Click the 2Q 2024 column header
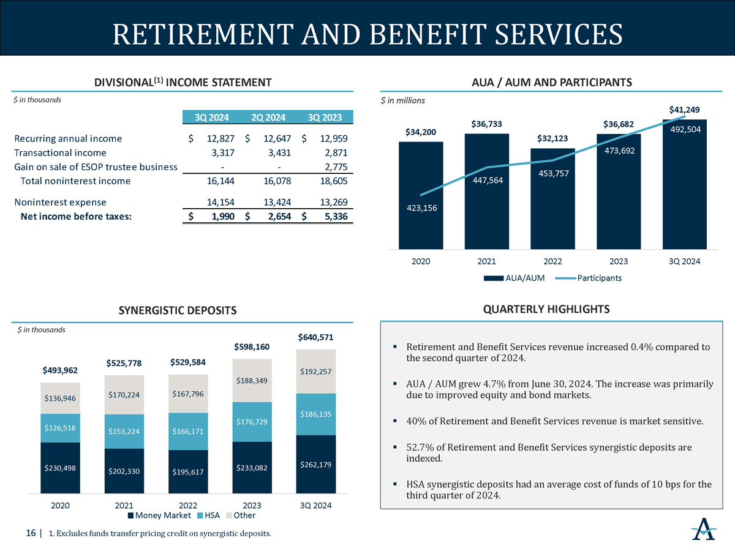pos(268,118)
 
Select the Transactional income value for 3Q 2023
pos(336,153)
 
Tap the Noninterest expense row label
pos(60,202)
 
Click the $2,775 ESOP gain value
pos(336,167)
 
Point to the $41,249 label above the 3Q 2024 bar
pos(684,110)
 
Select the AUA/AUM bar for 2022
pos(552,199)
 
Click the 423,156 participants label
pos(421,208)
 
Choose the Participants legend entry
pos(589,278)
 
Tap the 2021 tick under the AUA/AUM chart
pos(486,261)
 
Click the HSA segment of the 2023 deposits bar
pos(252,422)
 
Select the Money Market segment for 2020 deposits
pos(60,468)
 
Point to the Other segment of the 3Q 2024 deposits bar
pos(316,372)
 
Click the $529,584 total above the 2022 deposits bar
pos(188,362)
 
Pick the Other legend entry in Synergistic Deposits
pos(241,515)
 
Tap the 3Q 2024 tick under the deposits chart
pos(316,506)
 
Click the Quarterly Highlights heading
pos(546,309)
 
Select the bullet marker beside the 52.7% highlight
pos(395,447)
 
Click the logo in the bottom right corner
pos(704,529)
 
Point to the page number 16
pos(31,533)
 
